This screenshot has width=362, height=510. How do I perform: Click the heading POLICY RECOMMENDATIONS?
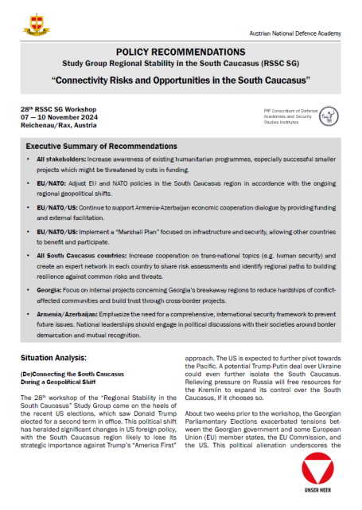click(180, 51)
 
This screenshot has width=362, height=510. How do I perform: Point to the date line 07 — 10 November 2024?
click(60, 117)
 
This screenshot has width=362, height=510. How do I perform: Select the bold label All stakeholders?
click(58, 161)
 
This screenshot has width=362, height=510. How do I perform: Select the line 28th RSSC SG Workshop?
click(60, 108)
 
